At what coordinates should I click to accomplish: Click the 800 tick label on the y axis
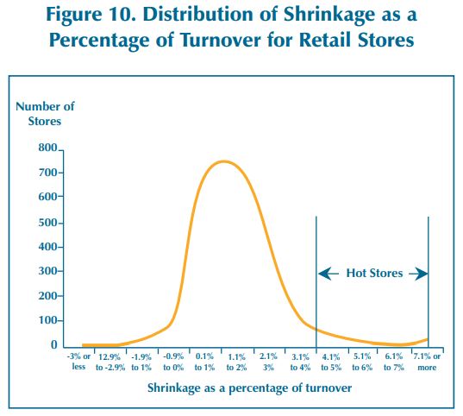click(47, 148)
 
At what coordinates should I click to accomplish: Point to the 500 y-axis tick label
click(47, 223)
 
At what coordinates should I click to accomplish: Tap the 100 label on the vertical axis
click(47, 320)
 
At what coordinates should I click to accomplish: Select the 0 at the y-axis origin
click(54, 344)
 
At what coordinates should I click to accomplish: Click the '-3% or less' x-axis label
click(78, 362)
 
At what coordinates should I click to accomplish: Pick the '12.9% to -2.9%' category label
click(110, 362)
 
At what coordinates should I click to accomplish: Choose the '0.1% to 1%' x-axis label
click(204, 362)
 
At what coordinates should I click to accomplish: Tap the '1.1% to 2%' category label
click(236, 362)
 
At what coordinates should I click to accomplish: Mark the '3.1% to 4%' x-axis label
click(300, 362)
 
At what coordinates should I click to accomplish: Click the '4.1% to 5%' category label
click(331, 362)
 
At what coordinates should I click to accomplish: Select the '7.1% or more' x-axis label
click(427, 362)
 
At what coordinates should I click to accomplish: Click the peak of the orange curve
click(224, 161)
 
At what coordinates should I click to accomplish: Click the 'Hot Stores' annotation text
click(374, 274)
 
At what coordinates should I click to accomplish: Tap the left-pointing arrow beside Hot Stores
click(328, 274)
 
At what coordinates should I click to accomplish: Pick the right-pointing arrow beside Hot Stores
click(418, 274)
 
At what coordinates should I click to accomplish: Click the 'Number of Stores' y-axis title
click(45, 114)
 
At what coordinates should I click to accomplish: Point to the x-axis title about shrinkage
click(249, 388)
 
